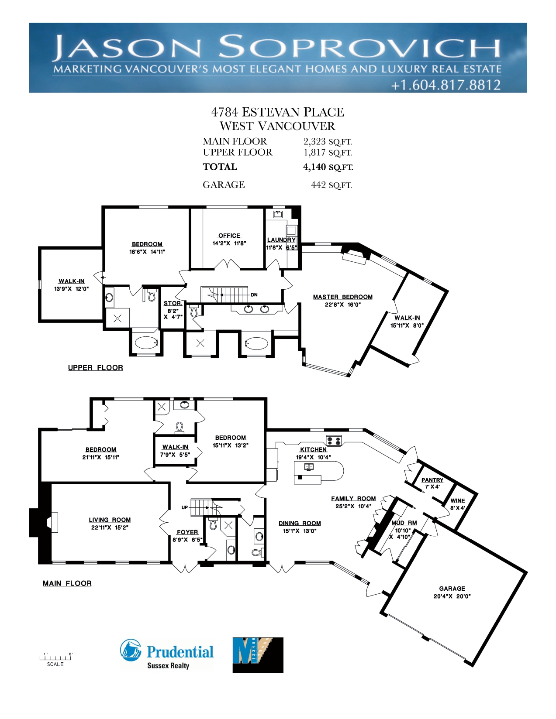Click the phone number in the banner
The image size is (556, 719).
[446, 85]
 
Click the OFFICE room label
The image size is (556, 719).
[229, 236]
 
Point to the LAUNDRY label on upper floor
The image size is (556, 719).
[281, 240]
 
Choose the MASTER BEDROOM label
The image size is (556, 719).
[343, 297]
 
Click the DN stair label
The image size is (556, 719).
[254, 295]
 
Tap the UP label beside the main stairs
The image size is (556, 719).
[184, 507]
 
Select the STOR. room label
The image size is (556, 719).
[173, 303]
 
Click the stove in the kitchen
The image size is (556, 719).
[334, 440]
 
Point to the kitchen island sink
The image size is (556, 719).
[309, 467]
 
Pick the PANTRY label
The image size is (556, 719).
[432, 480]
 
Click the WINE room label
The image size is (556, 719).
[458, 500]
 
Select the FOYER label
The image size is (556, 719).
[187, 532]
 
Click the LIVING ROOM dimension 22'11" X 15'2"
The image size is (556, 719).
[110, 527]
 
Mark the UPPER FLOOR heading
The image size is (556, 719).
[95, 368]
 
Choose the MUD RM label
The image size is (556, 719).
[404, 523]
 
